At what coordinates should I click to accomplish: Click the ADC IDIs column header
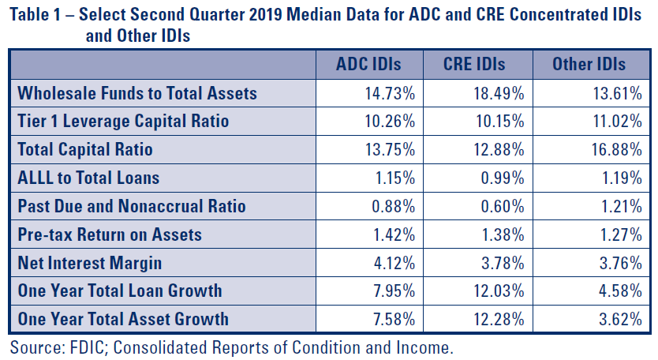pos(368,64)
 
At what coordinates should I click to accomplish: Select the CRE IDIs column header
pos(474,64)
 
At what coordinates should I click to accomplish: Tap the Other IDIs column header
pos(589,64)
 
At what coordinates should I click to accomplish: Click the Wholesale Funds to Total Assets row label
pos(137,93)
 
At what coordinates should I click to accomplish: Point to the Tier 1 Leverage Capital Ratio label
pos(123,121)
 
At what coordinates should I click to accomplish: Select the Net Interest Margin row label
pos(90,263)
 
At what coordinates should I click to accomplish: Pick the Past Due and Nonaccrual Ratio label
pos(132,206)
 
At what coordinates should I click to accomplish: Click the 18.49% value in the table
pos(499,93)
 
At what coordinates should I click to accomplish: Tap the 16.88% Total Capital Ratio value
pos(617,149)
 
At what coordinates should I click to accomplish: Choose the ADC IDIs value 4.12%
pos(394,264)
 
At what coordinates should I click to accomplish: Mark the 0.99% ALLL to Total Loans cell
pos(503,178)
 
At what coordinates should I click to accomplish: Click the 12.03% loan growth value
pos(499,291)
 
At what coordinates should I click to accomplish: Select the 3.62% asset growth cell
pos(621,319)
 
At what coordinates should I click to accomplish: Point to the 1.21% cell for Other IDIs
pos(622,206)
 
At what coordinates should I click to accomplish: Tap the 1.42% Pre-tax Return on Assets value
pos(394,234)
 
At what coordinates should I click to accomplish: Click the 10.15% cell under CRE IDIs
pos(500,122)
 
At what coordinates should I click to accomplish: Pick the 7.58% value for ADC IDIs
pos(394,319)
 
